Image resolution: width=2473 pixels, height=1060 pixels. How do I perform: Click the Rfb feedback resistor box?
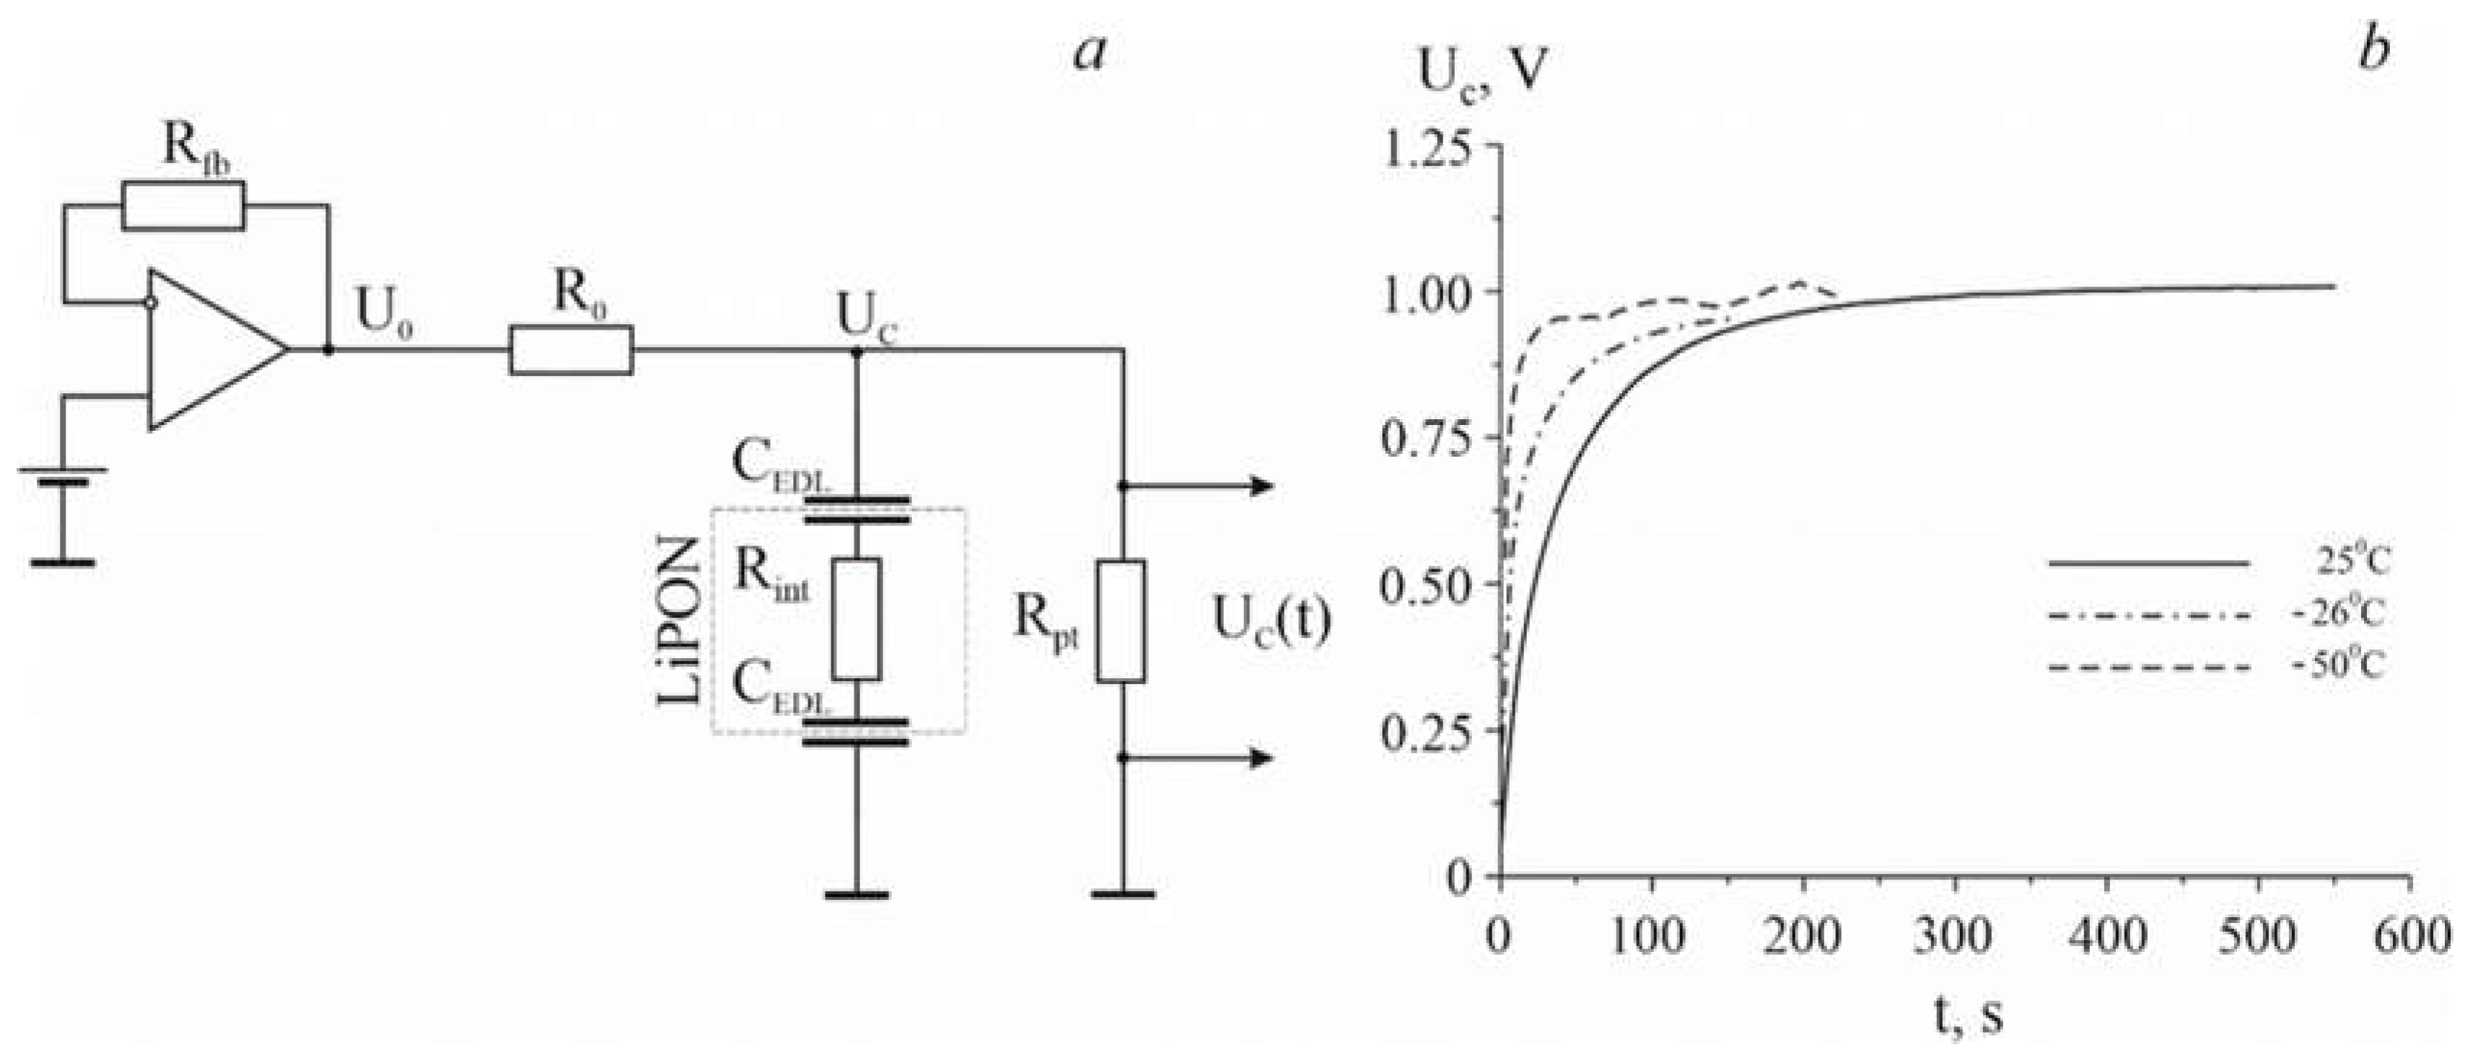(x=183, y=206)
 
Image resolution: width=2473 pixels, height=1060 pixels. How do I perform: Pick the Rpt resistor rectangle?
(x=1121, y=621)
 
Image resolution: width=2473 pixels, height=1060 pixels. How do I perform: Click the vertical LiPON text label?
(x=680, y=621)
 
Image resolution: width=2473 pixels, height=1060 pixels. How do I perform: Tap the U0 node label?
(x=385, y=309)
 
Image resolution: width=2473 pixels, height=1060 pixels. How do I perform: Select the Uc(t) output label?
(x=1272, y=621)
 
